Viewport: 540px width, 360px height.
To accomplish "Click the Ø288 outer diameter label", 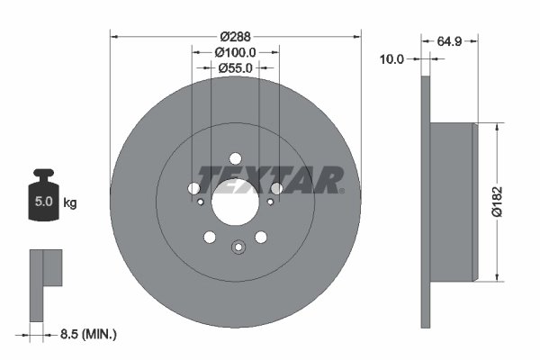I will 236,37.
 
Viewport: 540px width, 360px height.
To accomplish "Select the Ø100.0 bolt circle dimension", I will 236,53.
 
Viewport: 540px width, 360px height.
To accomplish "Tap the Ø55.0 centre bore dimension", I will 236,69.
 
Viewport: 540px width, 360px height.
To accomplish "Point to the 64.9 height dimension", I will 449,41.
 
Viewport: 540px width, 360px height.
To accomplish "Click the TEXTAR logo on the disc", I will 270,180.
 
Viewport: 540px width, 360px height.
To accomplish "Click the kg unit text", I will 70,203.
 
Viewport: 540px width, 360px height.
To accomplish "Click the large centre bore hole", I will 235,205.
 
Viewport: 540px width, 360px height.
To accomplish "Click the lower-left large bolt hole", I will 210,237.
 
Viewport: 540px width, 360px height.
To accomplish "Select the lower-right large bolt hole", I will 261,237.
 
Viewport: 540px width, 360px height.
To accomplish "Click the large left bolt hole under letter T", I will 193,188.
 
